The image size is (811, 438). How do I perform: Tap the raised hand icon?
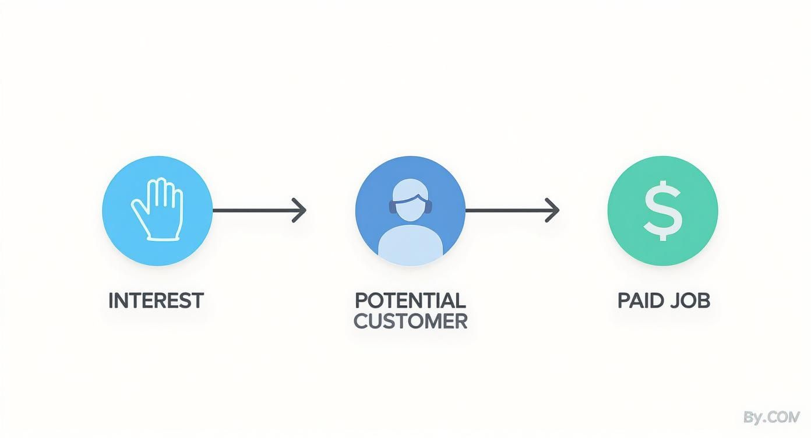[x=158, y=210]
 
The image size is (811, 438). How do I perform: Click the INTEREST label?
[x=156, y=301]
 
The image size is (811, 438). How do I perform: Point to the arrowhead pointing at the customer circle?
[x=299, y=210]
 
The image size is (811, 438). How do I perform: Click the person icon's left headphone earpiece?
[x=390, y=206]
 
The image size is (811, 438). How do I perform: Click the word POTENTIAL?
[x=410, y=301]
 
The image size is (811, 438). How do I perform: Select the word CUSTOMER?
[x=410, y=320]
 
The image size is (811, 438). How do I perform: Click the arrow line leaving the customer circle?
[x=507, y=210]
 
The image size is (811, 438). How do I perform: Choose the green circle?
[x=629, y=245]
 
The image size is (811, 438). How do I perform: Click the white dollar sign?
[x=662, y=211]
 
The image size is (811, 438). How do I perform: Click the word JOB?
[x=690, y=301]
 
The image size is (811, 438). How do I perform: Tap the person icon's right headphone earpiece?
[x=431, y=206]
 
